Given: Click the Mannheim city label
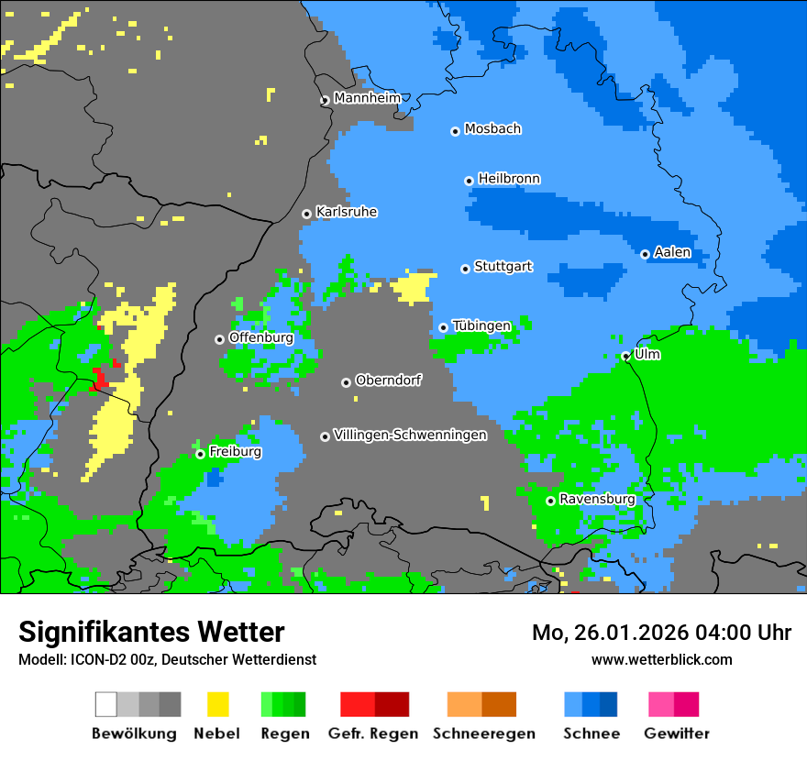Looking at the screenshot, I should [x=368, y=98].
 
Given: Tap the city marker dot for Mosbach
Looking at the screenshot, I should [x=455, y=131].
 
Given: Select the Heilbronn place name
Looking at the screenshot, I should [x=509, y=179].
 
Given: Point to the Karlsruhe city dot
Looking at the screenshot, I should [x=306, y=214].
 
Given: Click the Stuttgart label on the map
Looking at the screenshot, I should [x=503, y=267].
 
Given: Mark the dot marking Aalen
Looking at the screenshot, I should [x=645, y=254].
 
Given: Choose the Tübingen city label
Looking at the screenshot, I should [x=481, y=326].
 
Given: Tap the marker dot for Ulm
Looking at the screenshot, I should [x=625, y=356].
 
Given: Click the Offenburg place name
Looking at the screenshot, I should [x=261, y=337].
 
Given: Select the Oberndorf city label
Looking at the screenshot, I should [x=389, y=380].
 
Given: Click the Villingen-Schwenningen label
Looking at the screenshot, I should [x=410, y=436].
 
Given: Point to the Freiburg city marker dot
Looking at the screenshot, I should [x=200, y=454].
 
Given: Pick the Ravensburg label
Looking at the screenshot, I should [x=597, y=500].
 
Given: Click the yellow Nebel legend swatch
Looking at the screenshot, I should [x=217, y=704].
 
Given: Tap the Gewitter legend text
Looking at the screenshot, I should [x=676, y=733].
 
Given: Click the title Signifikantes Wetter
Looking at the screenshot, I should [x=151, y=632].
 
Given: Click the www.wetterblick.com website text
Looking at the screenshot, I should [x=661, y=659].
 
